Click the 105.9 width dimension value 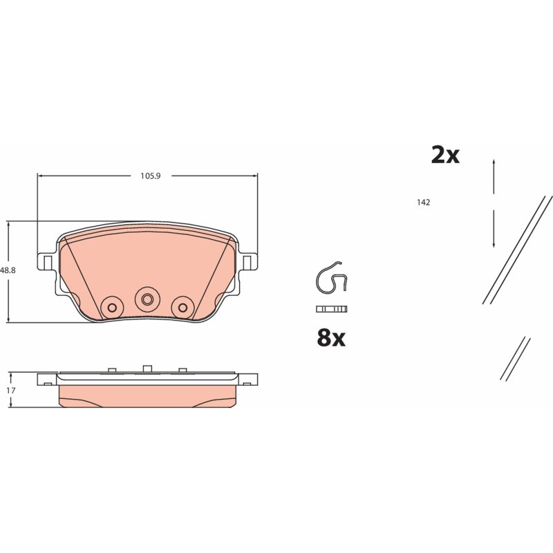tap(151, 176)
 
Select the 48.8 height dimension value tap(8, 270)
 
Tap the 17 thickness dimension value tap(11, 391)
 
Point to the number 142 tap(423, 203)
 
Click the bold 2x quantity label tap(445, 155)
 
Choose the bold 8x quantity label tap(331, 337)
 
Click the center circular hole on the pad tap(147, 299)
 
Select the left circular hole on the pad tap(112, 308)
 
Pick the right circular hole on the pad tap(182, 308)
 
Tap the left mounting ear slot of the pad tap(48, 262)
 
